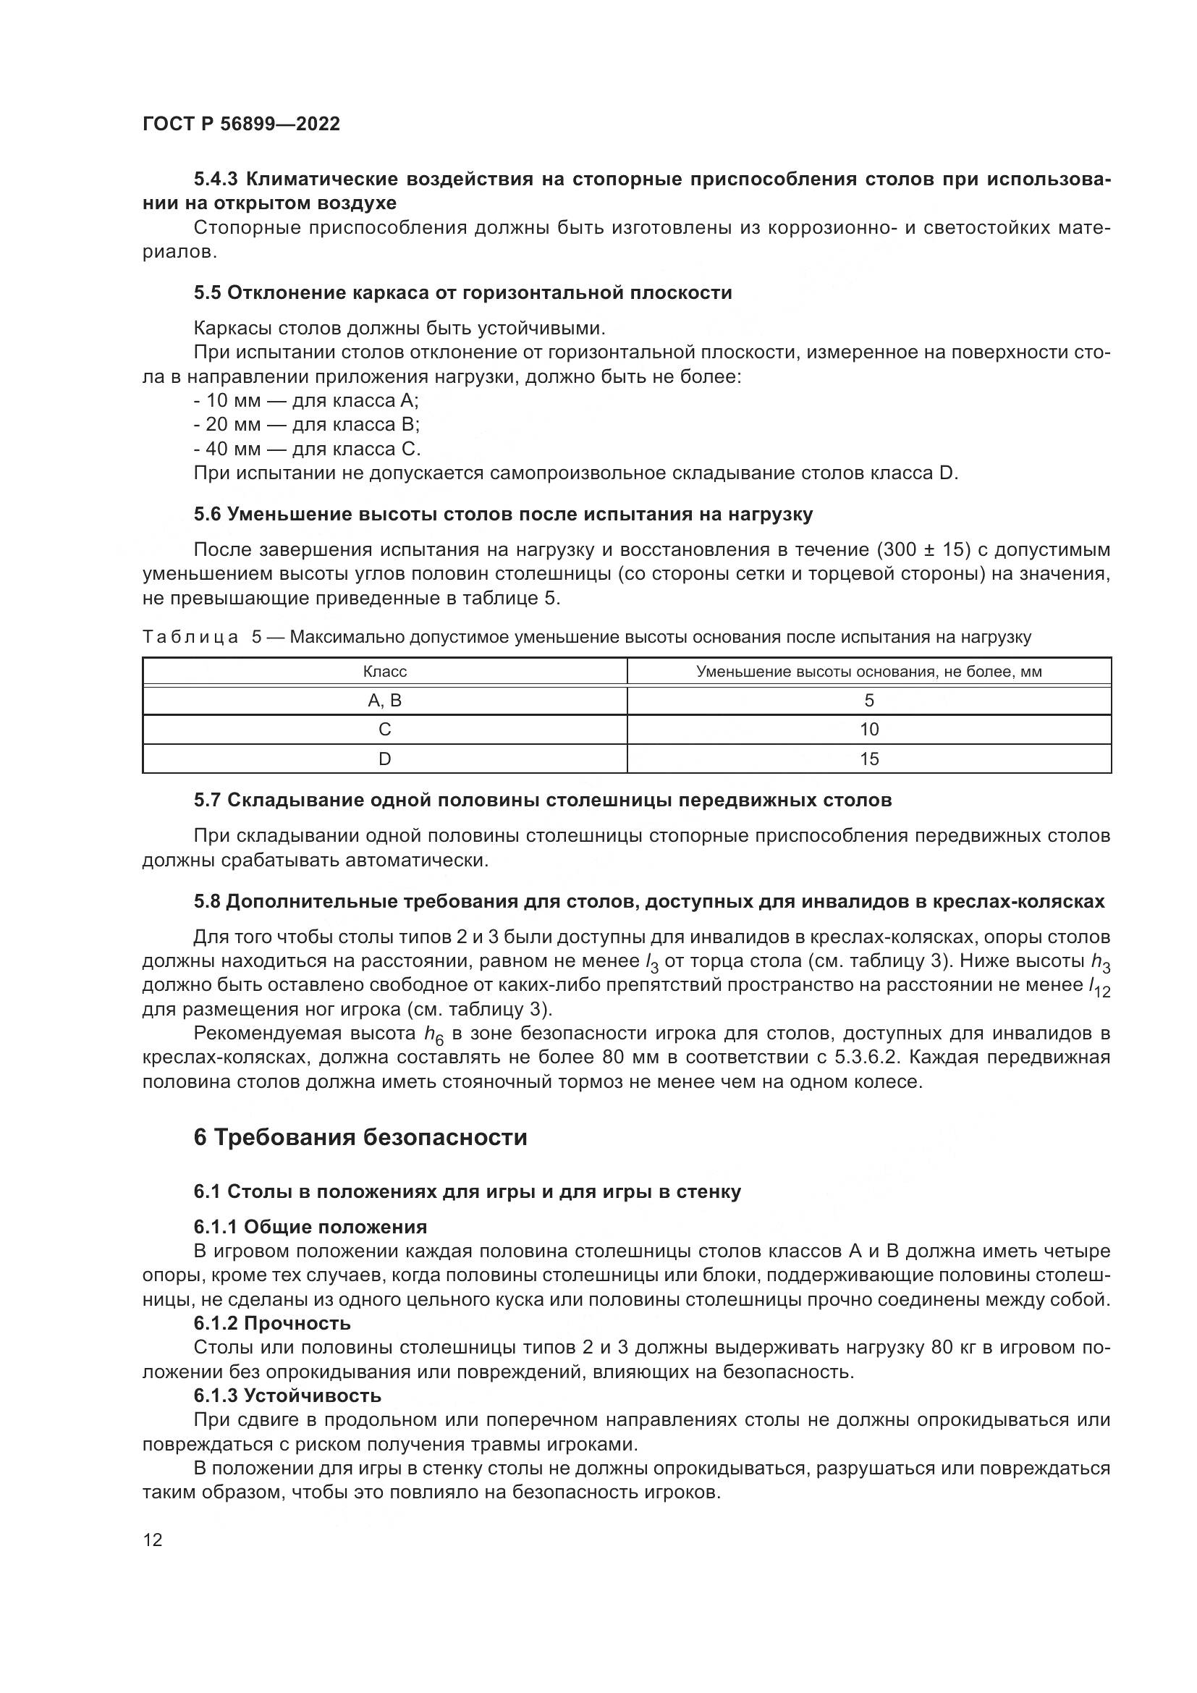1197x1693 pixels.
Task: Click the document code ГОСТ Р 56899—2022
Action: click(241, 124)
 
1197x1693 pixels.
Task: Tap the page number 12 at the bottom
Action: click(153, 1540)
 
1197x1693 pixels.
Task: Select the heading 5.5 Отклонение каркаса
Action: click(462, 292)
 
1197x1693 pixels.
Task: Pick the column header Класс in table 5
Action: click(385, 672)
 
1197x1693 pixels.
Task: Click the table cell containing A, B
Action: click(385, 701)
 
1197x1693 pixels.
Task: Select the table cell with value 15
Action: click(869, 759)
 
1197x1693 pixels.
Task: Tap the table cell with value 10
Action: click(869, 730)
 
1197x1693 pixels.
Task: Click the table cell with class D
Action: click(385, 759)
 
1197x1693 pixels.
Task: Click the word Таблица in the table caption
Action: click(190, 637)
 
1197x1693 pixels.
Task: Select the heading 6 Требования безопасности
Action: click(360, 1137)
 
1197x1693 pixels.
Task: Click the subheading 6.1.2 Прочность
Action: click(272, 1324)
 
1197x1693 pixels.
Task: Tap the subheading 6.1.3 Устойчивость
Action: click(287, 1396)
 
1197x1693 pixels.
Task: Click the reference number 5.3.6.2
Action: click(868, 1057)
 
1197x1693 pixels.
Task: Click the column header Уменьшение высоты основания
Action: click(868, 672)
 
